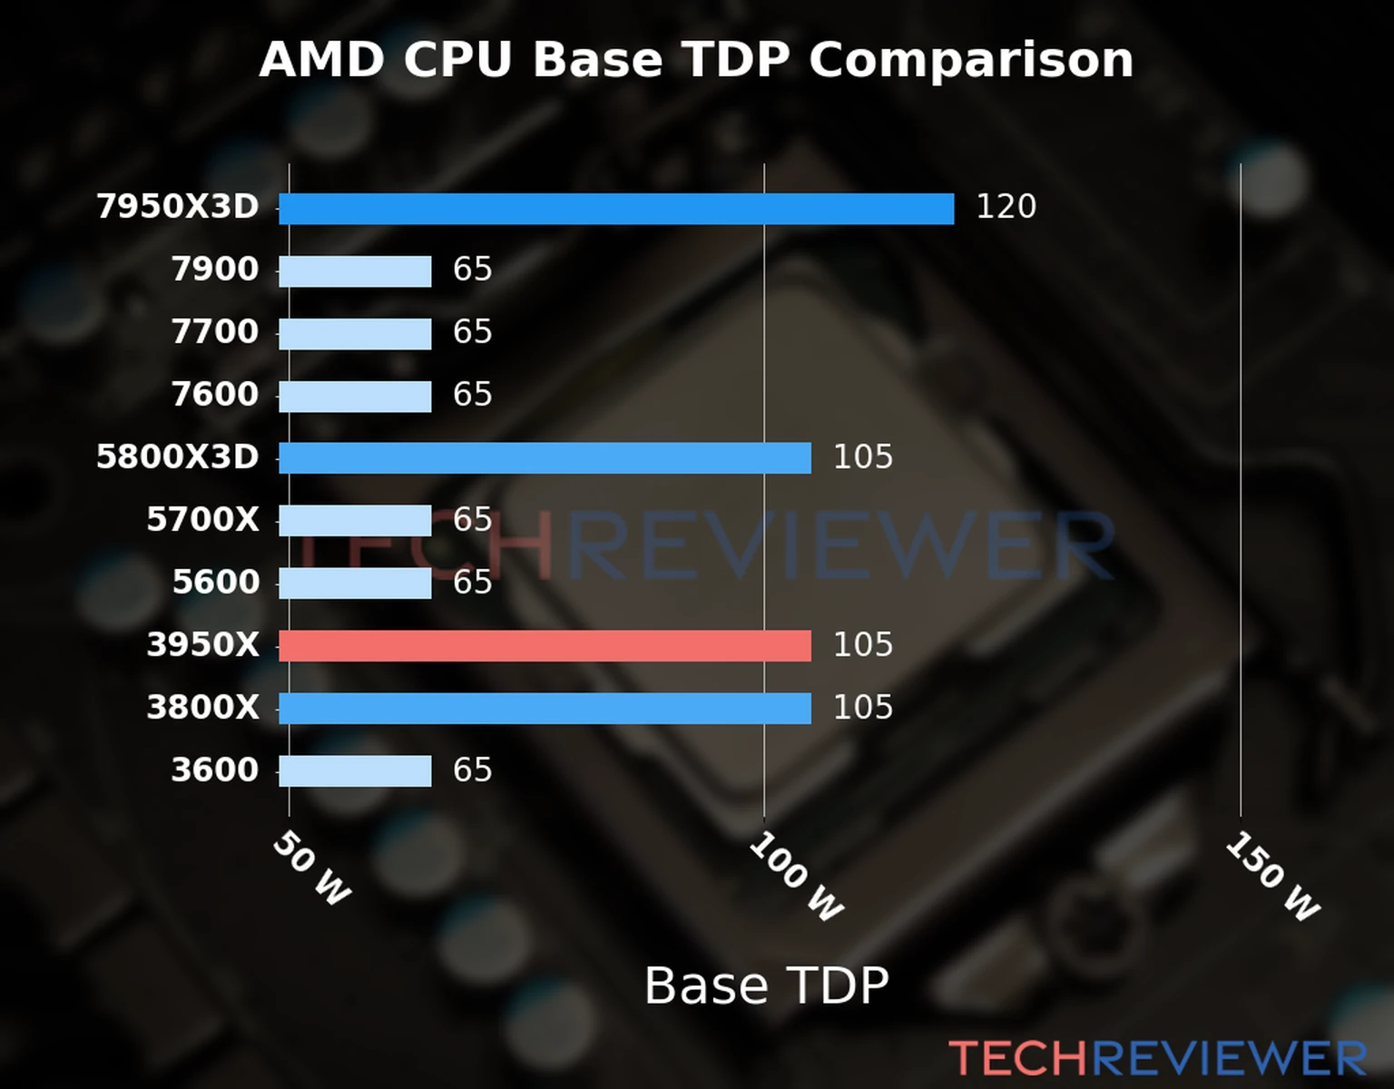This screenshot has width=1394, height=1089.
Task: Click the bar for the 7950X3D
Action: (x=616, y=209)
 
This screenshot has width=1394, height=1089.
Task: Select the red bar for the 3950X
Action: (x=545, y=646)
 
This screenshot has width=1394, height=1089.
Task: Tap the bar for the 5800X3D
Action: (x=545, y=458)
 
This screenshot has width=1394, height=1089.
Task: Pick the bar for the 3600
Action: (x=355, y=771)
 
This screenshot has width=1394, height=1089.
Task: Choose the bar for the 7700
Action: (x=355, y=334)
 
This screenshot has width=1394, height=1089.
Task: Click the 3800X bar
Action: (x=545, y=709)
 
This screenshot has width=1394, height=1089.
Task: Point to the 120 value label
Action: (x=1006, y=207)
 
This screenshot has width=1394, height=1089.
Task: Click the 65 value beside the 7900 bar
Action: (x=472, y=270)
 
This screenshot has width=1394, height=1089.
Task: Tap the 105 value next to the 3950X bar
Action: (x=862, y=645)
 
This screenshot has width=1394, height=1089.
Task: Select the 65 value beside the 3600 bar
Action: (x=472, y=770)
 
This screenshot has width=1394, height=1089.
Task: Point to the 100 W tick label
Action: (x=795, y=877)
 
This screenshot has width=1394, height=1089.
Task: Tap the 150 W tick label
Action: (x=1271, y=877)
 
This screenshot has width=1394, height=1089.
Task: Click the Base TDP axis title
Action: (x=766, y=986)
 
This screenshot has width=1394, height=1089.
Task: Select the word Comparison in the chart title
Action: (x=971, y=61)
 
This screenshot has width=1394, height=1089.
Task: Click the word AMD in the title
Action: (x=322, y=61)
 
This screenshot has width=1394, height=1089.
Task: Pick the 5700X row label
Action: (x=202, y=520)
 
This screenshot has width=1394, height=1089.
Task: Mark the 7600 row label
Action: (x=215, y=395)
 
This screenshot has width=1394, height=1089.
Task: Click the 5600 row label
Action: (x=216, y=583)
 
